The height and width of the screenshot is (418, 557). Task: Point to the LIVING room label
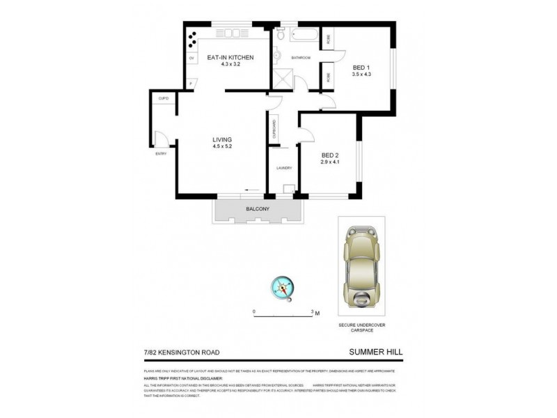(x=222, y=139)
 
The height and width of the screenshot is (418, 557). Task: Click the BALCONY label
(x=258, y=209)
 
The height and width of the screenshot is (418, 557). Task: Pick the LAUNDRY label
(x=283, y=168)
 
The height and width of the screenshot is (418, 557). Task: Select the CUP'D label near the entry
(x=164, y=98)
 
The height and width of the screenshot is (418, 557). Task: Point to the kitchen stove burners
(x=192, y=36)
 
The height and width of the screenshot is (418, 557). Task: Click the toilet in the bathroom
(x=279, y=35)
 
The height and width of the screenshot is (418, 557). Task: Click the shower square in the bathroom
(x=282, y=81)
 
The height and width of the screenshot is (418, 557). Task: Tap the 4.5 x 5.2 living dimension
(x=222, y=146)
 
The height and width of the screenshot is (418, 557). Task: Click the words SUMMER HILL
(x=377, y=353)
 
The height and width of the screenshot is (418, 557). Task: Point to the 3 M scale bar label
(x=317, y=312)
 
